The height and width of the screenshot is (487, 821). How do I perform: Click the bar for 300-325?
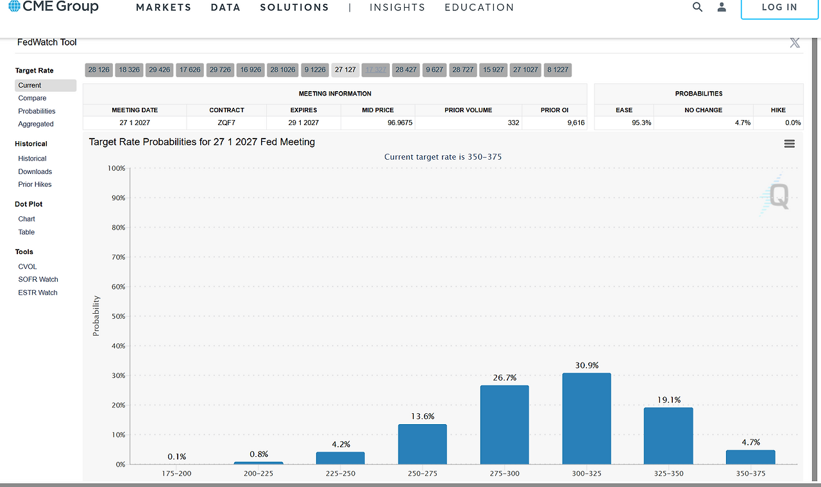click(586, 418)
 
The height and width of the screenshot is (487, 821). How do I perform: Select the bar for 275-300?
click(504, 425)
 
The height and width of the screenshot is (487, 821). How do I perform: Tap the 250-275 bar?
click(422, 444)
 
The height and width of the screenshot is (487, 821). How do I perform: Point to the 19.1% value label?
click(668, 400)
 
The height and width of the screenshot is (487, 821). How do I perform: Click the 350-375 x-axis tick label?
click(750, 474)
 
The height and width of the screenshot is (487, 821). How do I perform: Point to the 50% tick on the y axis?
click(117, 316)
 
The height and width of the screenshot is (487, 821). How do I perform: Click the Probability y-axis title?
click(96, 316)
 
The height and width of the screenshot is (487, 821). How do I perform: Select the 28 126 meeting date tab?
click(99, 69)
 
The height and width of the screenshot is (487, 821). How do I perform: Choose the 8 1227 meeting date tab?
click(557, 69)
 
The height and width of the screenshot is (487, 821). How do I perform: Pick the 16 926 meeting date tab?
click(250, 69)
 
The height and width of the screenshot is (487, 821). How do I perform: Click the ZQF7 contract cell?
click(226, 123)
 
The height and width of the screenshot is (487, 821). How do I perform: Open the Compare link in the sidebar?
click(32, 98)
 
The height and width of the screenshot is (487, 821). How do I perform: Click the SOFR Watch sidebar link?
click(38, 279)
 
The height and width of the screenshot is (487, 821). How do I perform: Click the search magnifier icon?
click(697, 7)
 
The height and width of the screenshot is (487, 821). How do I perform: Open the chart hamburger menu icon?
click(789, 144)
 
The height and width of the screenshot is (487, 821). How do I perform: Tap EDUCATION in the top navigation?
click(479, 8)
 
